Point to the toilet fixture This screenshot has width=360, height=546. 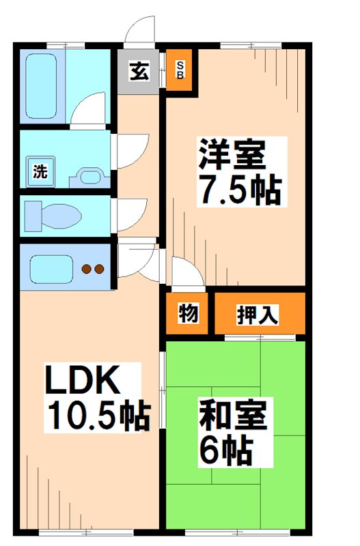pyautogui.click(x=55, y=216)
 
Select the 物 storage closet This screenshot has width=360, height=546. pyautogui.click(x=189, y=314)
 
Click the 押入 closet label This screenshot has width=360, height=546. pyautogui.click(x=258, y=315)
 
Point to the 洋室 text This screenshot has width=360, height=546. pyautogui.click(x=232, y=156)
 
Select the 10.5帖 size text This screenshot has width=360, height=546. pyautogui.click(x=98, y=414)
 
